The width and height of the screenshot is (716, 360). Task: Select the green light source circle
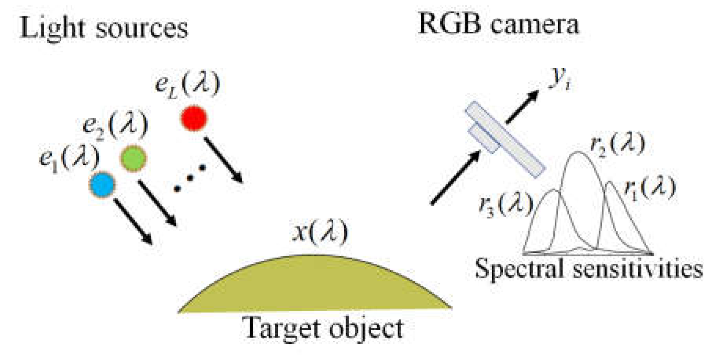pyautogui.click(x=133, y=159)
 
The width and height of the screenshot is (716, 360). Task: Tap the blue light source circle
pyautogui.click(x=102, y=185)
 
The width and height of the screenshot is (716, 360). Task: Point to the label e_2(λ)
pyautogui.click(x=115, y=125)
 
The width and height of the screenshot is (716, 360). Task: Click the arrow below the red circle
pyautogui.click(x=223, y=160)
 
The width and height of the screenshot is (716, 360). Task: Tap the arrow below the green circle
pyautogui.click(x=157, y=203)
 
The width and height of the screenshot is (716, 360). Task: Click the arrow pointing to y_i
pyautogui.click(x=522, y=107)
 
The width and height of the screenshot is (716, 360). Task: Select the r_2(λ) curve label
pyautogui.click(x=617, y=144)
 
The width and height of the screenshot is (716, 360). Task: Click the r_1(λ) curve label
pyautogui.click(x=650, y=188)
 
